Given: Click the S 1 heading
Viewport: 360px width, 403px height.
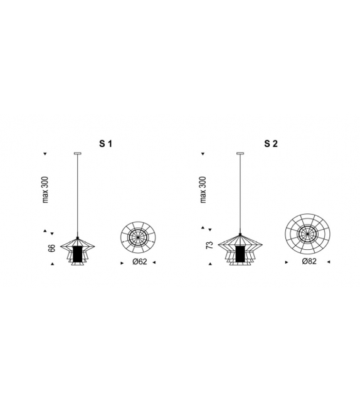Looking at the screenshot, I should point(105,143).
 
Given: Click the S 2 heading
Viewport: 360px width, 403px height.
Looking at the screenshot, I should point(271,143).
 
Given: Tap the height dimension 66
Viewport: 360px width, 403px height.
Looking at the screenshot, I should point(51,248).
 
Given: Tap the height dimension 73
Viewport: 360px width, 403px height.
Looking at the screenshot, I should point(209,244).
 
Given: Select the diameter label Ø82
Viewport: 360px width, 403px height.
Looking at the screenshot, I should point(308,262).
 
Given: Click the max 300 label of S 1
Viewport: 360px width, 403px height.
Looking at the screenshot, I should point(45,189).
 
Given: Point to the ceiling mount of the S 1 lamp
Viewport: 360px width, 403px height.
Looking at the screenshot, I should point(78,153).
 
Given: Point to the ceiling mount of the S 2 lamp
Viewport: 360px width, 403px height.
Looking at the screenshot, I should point(240,153).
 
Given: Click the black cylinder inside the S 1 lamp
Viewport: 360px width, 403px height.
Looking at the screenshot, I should point(78,254).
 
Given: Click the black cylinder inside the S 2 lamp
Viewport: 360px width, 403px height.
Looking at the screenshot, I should point(240,253).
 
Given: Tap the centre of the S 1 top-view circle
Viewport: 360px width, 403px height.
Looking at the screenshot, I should point(137,237).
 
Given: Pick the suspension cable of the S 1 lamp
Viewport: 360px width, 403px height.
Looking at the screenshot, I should point(78,195).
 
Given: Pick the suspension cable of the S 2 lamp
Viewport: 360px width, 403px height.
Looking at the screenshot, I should point(240,195).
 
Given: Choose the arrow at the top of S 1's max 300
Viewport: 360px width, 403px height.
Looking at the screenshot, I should point(45,154).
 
